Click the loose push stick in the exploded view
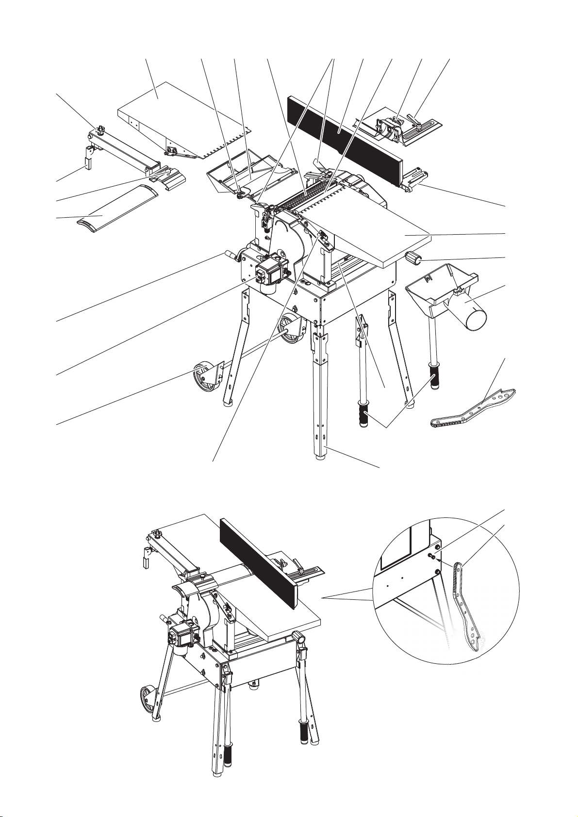473,410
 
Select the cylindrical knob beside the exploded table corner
416,259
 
